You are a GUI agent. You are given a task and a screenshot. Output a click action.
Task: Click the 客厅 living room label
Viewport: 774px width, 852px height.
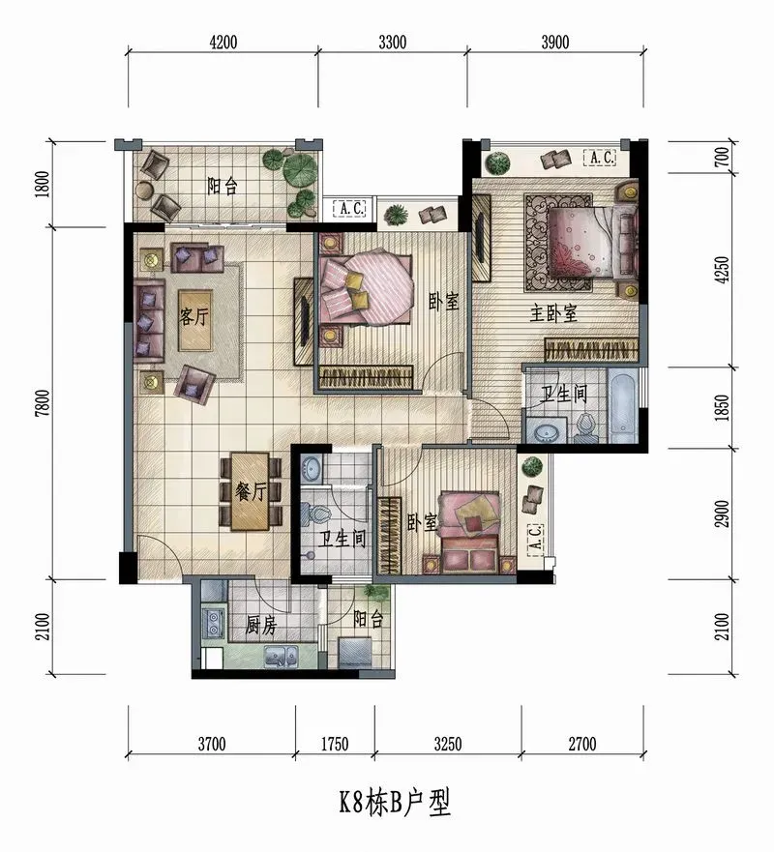[194, 316]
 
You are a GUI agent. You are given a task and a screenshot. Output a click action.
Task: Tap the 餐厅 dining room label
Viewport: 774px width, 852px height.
[251, 491]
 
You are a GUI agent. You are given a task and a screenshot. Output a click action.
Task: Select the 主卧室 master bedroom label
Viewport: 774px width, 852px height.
[553, 313]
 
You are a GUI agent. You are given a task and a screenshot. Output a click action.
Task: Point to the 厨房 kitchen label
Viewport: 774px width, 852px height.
[261, 626]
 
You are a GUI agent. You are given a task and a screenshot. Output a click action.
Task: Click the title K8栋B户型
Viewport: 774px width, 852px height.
[395, 803]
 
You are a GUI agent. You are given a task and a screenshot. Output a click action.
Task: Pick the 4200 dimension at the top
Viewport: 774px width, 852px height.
[223, 42]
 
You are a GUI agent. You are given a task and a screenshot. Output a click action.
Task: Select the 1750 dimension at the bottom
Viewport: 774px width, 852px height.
[335, 744]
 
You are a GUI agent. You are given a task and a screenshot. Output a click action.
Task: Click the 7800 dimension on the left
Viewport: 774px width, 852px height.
[43, 403]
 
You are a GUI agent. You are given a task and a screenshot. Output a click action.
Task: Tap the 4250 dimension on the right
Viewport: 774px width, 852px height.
[723, 270]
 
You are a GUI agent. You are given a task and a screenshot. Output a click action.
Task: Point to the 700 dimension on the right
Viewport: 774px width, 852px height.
[723, 157]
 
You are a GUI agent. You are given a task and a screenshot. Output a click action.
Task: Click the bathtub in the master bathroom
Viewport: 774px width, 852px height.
[622, 405]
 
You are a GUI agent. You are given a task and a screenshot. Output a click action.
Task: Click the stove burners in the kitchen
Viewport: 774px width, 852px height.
[213, 623]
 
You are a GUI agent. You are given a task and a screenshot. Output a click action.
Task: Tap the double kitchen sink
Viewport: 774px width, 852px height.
[281, 657]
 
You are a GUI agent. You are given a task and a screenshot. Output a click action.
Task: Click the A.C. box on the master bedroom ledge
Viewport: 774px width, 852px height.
[600, 158]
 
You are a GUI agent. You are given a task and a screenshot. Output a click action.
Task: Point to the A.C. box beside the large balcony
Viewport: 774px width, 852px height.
[349, 208]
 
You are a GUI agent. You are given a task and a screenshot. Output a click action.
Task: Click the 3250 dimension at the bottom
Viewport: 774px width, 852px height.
[448, 744]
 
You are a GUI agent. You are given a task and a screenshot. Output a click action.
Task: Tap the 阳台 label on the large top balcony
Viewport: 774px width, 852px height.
[223, 187]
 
